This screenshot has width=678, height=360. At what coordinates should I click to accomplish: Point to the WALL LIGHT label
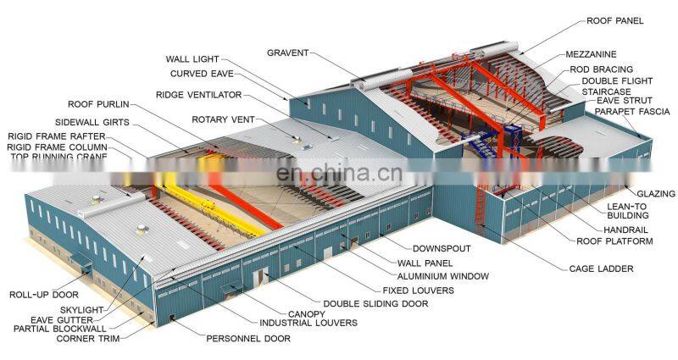coord(192,59)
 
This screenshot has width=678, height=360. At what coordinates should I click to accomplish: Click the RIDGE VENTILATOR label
coord(198,95)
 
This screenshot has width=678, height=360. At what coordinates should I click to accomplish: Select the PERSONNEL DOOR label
coord(248,339)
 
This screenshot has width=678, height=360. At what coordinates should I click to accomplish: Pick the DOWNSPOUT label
coord(442,249)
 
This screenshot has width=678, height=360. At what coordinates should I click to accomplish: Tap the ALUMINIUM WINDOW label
coord(444,276)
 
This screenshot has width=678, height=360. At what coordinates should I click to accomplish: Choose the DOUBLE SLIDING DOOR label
coord(376,302)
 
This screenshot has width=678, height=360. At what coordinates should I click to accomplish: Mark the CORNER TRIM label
coord(88,339)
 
